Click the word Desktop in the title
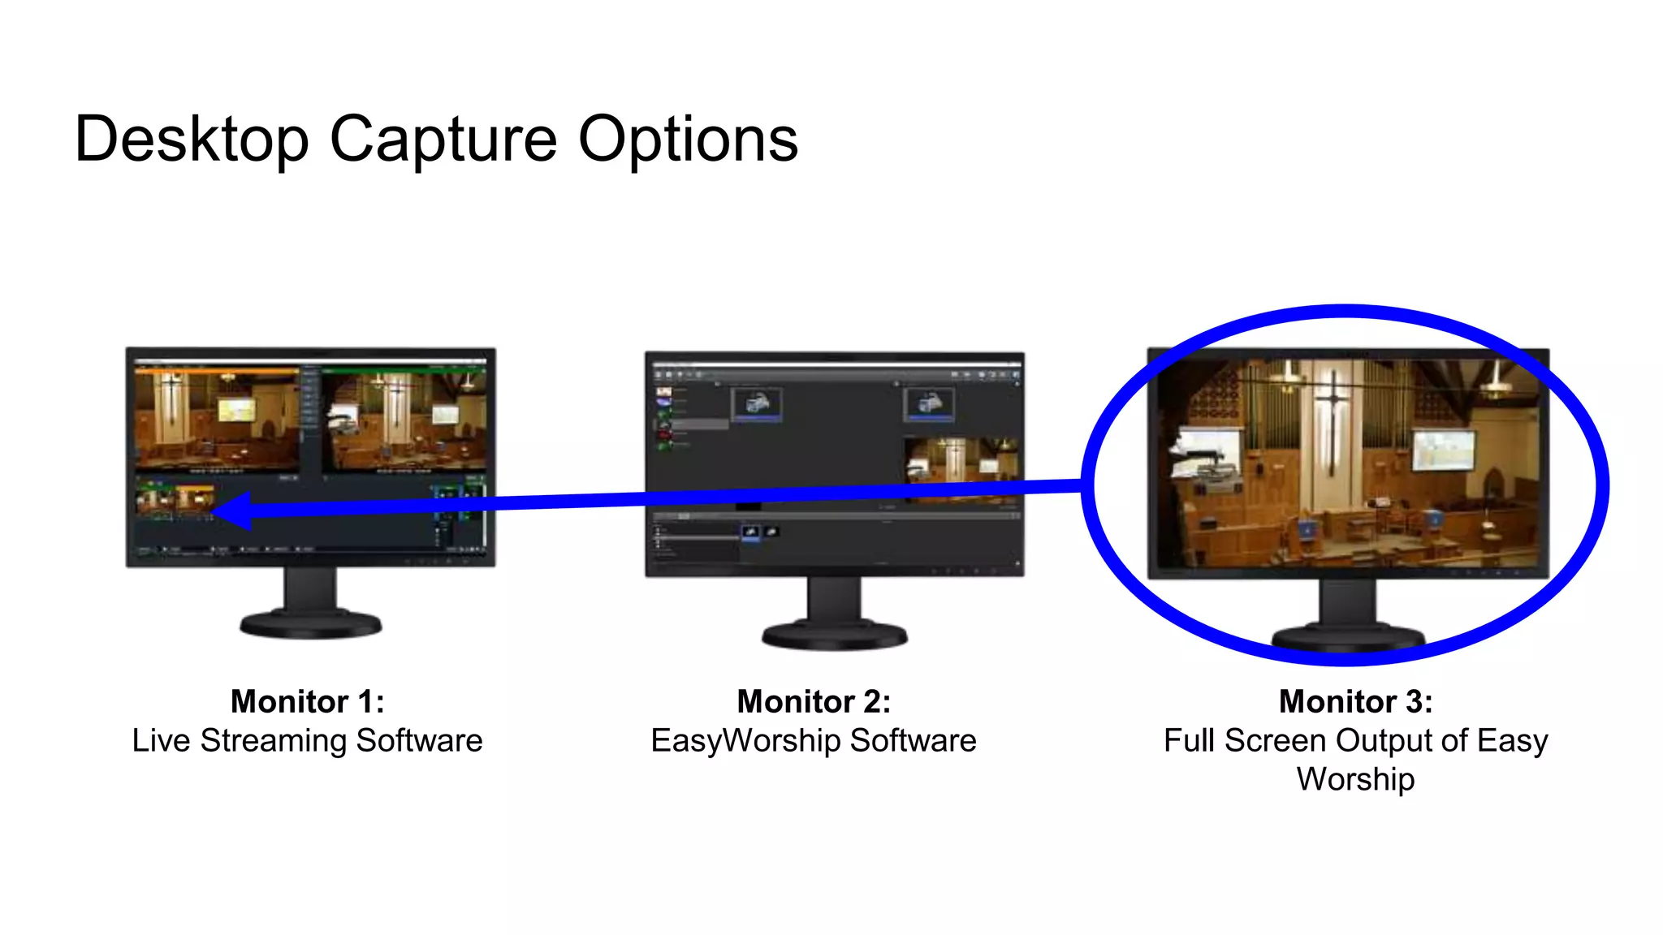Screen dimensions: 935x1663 (192, 140)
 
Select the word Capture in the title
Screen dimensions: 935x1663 (443, 140)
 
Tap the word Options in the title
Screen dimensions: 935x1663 (688, 140)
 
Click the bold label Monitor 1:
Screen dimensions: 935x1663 (307, 701)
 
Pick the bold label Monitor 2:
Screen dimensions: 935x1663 (814, 701)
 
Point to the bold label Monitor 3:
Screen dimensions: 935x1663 (1355, 701)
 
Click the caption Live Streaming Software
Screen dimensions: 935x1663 (307, 740)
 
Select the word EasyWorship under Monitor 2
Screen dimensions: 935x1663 (745, 740)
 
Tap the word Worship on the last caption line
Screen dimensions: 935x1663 (1355, 779)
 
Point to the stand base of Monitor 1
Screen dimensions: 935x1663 (310, 625)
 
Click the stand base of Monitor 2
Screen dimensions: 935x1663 (834, 635)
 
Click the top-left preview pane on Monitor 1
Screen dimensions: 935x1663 (217, 419)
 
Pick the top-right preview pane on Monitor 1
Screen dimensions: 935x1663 (404, 420)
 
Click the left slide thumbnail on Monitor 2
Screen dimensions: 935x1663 (757, 403)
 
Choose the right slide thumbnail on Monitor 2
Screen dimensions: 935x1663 (929, 403)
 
